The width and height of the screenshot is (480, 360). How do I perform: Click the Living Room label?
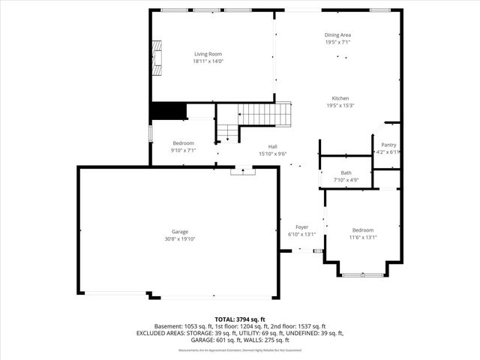pos(208,54)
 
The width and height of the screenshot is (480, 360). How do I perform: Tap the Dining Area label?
pos(337,34)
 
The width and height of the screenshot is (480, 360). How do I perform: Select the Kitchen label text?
pos(340,98)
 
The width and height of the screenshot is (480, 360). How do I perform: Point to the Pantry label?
pos(388,145)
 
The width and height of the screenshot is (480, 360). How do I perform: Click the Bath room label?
pos(346,172)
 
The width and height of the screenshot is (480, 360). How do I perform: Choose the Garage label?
pos(179,232)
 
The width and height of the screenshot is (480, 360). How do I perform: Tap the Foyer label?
pos(301,227)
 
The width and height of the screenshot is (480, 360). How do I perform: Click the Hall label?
pos(274,147)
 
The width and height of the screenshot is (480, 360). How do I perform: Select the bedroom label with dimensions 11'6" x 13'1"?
pos(362,230)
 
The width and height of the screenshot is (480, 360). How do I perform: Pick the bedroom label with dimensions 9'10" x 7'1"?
pos(184,143)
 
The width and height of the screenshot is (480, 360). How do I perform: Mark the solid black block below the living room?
pos(168,111)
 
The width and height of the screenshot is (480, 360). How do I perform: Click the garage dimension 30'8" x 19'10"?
pos(179,239)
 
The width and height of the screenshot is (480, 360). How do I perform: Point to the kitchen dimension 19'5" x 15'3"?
pos(340,106)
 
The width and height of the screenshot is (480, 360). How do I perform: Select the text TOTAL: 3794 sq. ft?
pos(240,319)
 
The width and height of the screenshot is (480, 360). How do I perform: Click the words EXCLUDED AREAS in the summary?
pos(162,333)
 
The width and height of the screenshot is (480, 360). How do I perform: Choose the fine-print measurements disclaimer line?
pos(240,349)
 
